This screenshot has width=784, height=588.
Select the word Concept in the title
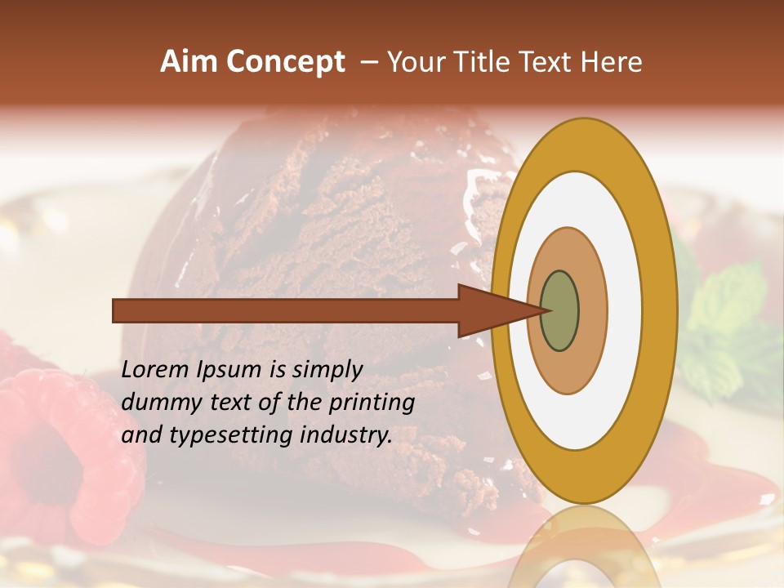click(x=285, y=62)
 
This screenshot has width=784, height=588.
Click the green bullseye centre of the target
click(x=559, y=311)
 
